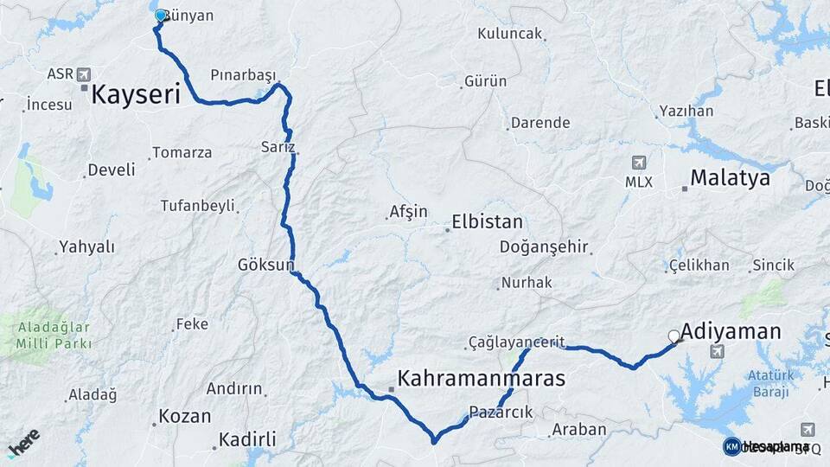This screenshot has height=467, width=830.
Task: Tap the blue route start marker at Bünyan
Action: coord(160,16)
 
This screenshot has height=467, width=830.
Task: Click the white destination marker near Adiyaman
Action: coord(674,336)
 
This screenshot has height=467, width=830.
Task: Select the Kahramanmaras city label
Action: coord(481,379)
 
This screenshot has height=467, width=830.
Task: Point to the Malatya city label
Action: coord(730,179)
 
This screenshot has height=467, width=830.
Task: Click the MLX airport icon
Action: coord(639,163)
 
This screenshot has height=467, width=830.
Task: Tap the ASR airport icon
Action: coord(84,74)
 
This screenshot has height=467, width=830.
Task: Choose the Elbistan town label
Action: coord(487,221)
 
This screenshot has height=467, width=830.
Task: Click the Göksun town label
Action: coord(266,264)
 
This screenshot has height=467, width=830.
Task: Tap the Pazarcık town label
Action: coord(501,412)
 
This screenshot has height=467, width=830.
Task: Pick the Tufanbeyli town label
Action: coord(197,206)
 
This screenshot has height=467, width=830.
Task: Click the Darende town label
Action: coord(540,123)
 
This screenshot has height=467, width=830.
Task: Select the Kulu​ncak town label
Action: coord(510,34)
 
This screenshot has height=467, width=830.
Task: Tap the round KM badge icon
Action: coord(732,446)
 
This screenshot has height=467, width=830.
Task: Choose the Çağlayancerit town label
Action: coord(517,342)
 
